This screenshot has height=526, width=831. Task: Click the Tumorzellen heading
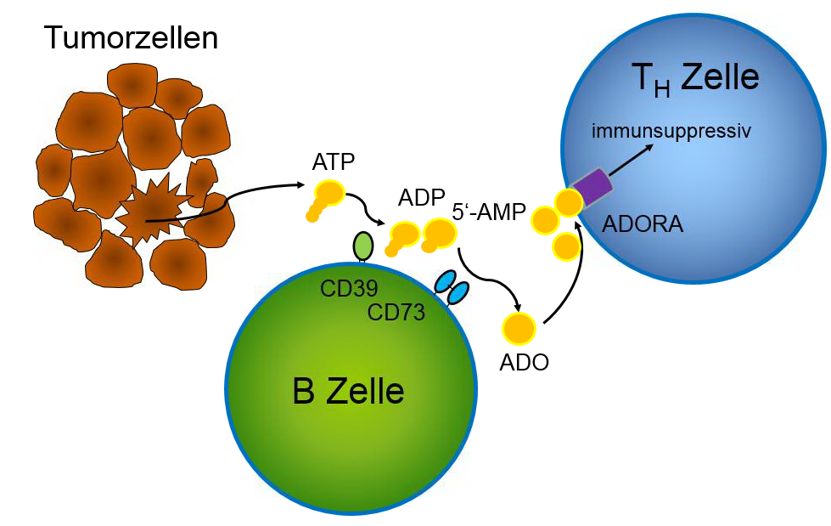click(x=131, y=38)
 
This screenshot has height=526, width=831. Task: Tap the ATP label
click(x=334, y=161)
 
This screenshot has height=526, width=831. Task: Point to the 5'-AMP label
click(x=489, y=212)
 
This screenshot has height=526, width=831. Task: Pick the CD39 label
click(x=349, y=289)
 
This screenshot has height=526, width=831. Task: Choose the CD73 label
click(x=396, y=312)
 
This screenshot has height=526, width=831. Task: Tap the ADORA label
click(x=643, y=225)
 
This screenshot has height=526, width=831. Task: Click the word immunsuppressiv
click(x=672, y=131)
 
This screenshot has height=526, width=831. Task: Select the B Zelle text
click(x=348, y=393)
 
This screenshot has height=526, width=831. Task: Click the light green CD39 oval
click(x=362, y=246)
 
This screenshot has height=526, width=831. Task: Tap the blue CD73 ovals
click(x=452, y=288)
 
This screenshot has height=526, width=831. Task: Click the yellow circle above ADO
click(x=518, y=327)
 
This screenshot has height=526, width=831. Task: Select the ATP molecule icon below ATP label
click(x=326, y=199)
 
